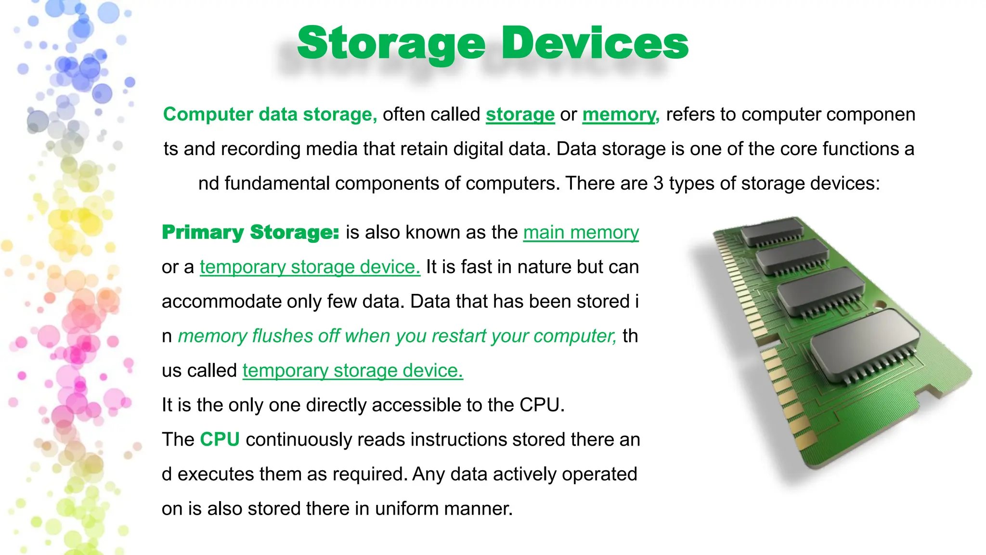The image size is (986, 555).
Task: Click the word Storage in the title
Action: [391, 44]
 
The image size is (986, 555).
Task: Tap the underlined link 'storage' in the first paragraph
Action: [520, 115]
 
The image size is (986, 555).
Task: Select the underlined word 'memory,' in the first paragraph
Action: [621, 115]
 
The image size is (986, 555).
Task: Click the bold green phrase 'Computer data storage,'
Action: [270, 115]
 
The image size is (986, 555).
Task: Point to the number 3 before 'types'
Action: [658, 184]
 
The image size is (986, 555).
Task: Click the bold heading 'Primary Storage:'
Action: [250, 232]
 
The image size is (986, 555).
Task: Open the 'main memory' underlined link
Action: [581, 232]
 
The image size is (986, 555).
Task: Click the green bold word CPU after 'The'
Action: [220, 439]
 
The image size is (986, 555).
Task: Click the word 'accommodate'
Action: [221, 302]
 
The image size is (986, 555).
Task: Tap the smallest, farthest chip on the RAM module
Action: [772, 231]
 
